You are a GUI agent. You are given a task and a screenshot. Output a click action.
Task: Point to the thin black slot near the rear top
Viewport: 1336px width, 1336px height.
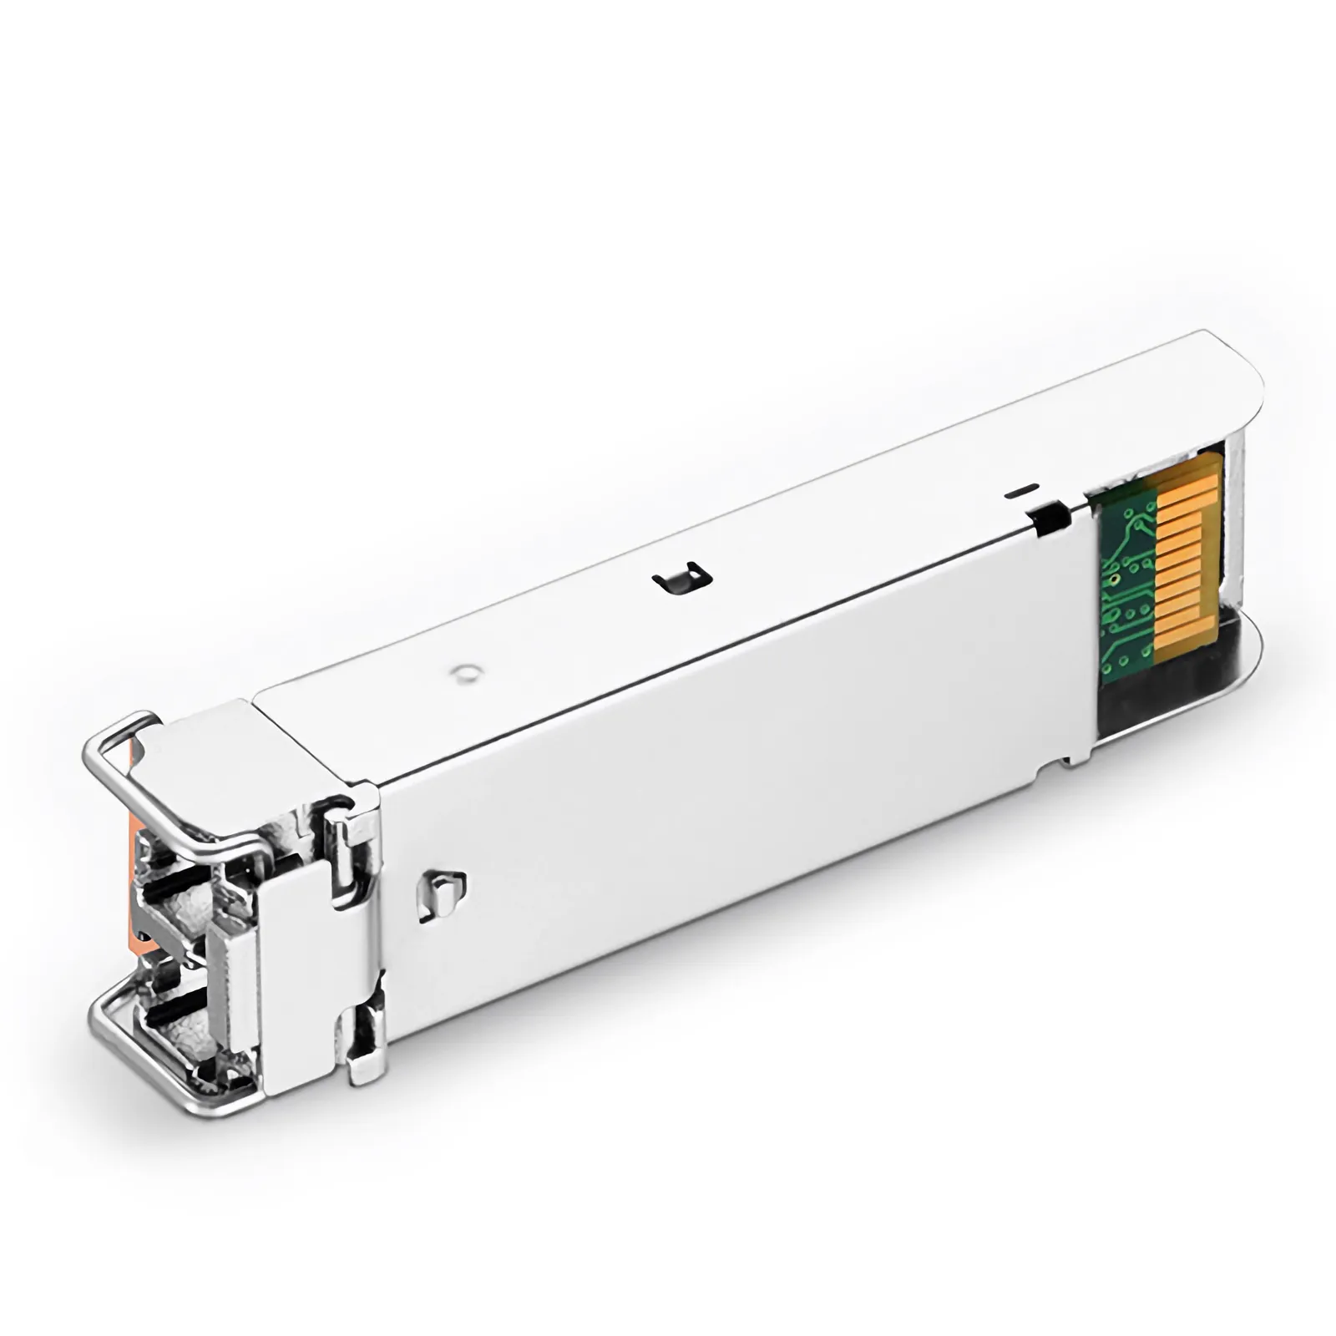(x=1024, y=490)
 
